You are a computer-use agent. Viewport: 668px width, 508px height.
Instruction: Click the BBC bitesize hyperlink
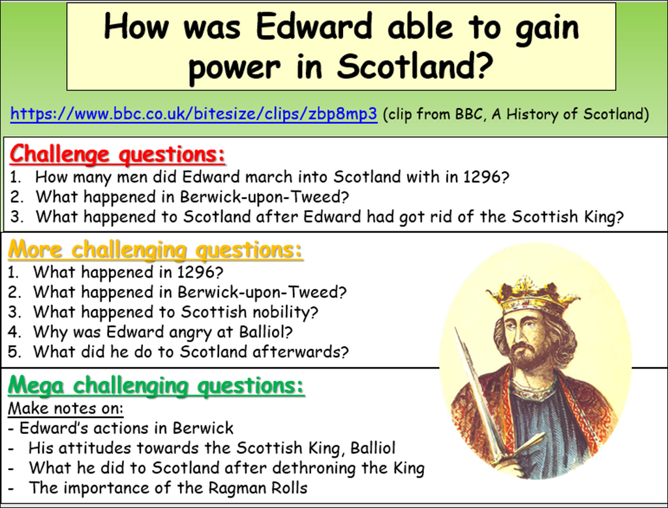click(x=194, y=114)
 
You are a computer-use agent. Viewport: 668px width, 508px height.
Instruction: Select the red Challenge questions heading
click(x=117, y=155)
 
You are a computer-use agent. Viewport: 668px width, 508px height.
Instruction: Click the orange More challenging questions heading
click(x=155, y=250)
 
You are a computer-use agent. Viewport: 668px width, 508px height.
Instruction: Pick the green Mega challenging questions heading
click(x=156, y=385)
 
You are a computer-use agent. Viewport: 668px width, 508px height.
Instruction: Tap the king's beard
click(x=525, y=356)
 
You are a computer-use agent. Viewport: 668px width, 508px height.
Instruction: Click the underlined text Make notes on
click(x=65, y=409)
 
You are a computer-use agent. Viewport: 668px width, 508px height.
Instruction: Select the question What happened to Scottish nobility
click(x=175, y=312)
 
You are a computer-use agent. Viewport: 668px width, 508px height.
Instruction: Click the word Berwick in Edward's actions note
click(x=203, y=428)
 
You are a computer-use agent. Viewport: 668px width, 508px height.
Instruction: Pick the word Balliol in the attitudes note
click(x=372, y=449)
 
